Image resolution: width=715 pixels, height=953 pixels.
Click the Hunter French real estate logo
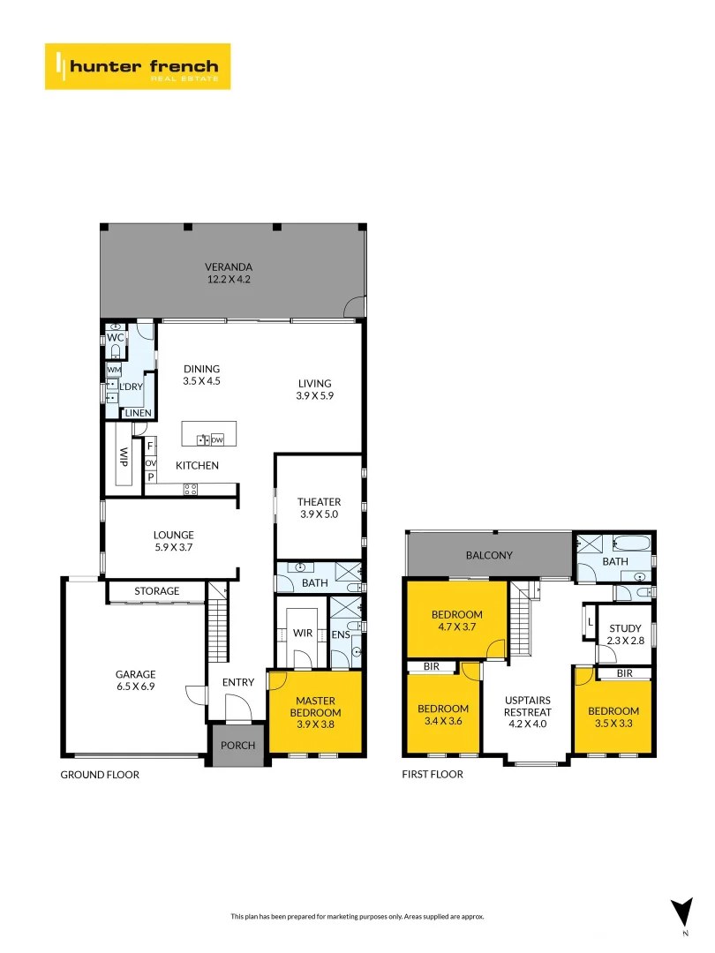(138, 66)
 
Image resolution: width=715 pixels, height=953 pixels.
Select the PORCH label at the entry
(237, 746)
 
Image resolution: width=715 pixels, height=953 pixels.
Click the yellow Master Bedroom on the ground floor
(315, 712)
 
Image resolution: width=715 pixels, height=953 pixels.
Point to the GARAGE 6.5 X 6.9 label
(135, 681)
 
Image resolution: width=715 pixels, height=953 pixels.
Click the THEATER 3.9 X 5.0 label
(319, 507)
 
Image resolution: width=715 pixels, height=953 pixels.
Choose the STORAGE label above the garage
(157, 591)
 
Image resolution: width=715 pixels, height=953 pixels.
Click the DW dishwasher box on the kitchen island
(217, 439)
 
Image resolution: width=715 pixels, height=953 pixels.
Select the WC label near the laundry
(116, 338)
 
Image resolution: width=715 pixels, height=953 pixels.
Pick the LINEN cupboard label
(138, 413)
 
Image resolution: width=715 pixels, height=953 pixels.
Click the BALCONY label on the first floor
(489, 555)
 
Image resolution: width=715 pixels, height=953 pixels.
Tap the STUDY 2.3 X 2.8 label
(625, 634)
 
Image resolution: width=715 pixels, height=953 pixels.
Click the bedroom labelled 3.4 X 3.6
(442, 715)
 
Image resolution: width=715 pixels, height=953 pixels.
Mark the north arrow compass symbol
(681, 912)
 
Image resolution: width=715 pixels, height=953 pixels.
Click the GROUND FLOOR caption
(100, 775)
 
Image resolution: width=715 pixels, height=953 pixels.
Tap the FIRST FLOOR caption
(433, 775)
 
